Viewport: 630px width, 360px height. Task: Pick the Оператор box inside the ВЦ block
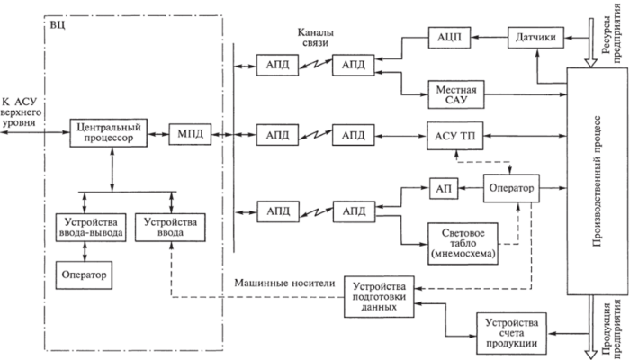pyautogui.click(x=82, y=274)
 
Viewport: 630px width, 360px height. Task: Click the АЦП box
pyautogui.click(x=447, y=38)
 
